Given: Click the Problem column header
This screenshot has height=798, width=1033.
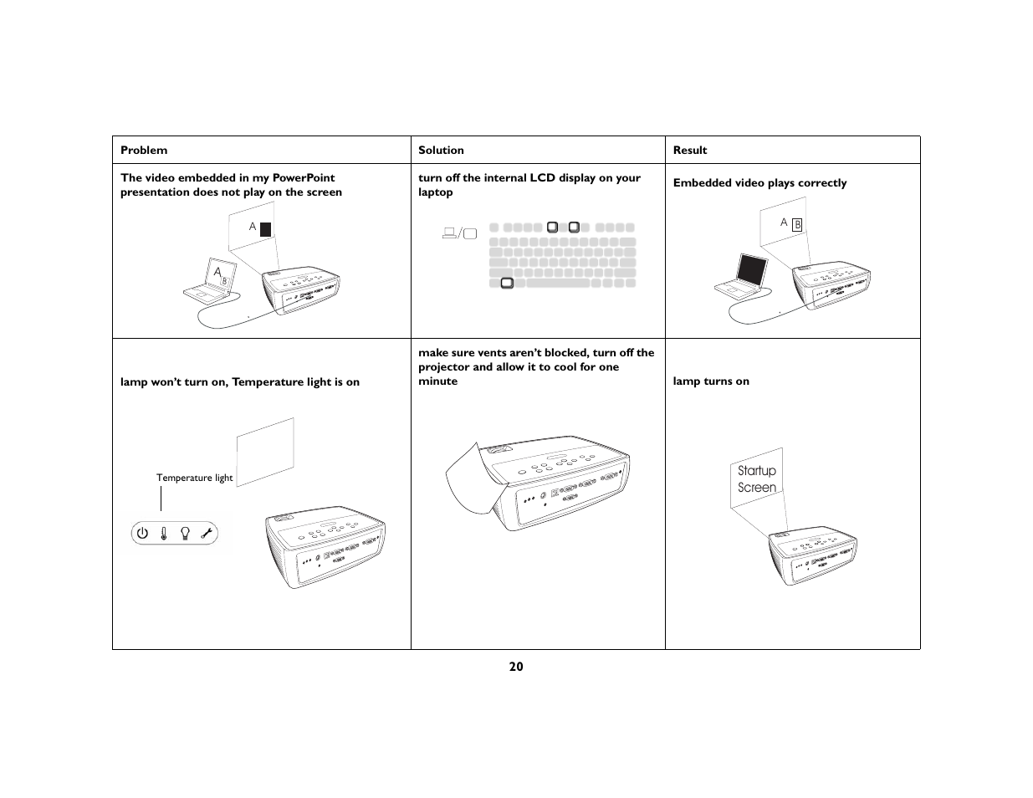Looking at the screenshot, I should pos(144,151).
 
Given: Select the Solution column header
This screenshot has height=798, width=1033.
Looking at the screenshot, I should pos(441,151).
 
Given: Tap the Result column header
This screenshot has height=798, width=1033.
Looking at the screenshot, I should pos(690,151).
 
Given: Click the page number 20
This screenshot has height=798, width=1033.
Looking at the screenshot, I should pos(516,667).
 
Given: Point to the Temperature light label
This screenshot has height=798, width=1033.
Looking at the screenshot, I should pos(194,478).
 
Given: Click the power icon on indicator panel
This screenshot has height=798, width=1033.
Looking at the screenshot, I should pos(142,533).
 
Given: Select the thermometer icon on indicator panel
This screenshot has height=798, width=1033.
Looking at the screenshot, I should pos(164,533).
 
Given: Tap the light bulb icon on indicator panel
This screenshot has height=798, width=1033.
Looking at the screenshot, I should pos(186,533).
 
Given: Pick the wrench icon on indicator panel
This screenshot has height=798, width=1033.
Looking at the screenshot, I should pos(207,533).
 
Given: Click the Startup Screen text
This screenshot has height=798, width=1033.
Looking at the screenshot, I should pos(757,479).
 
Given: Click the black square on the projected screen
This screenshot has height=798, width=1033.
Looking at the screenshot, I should pos(265,228).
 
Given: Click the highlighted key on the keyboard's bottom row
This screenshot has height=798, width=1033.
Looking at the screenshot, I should pos(506,284).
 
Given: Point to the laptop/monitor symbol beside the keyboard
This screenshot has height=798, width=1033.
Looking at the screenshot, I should pos(459,233).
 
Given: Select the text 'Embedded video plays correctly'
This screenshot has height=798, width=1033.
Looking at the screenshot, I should pos(759,183).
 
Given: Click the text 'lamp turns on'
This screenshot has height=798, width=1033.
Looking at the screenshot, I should pos(711,381).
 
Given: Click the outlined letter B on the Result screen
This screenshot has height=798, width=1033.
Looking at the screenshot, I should pos(797,224).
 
